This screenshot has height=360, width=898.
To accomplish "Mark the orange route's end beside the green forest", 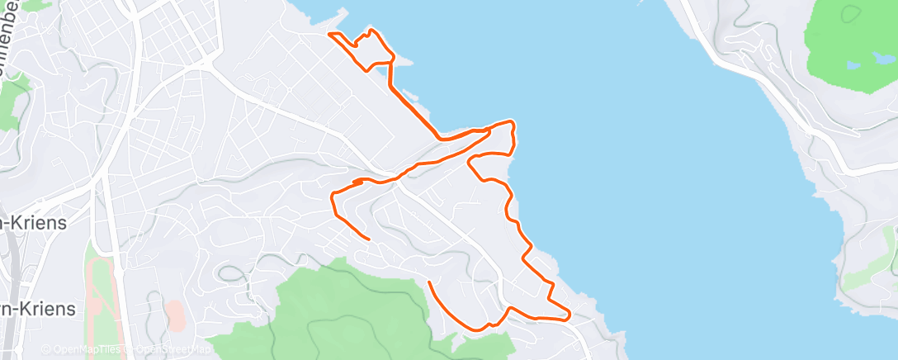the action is (x=430, y=283).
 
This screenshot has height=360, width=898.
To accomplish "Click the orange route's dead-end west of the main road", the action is (x=367, y=238).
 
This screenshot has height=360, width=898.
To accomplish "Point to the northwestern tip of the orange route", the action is (x=329, y=34).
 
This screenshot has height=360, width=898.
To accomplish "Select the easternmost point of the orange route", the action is (x=570, y=314).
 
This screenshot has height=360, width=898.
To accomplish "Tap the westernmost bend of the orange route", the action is (x=332, y=197).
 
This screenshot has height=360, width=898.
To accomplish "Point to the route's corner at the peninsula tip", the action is (x=513, y=123).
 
